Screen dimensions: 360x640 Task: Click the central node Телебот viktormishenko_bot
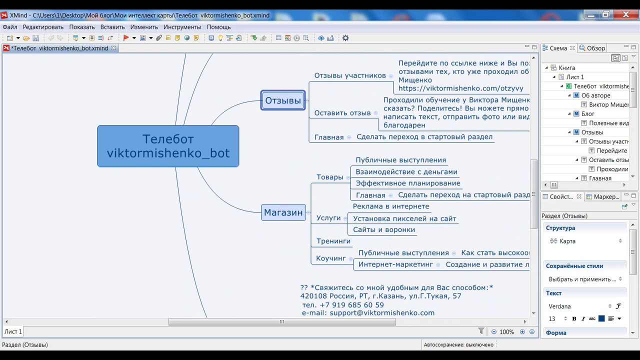coord(168,146)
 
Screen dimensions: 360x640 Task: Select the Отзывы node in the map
coord(283,100)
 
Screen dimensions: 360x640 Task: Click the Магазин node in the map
coord(283,212)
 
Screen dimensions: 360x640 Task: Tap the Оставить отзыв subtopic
coord(342,113)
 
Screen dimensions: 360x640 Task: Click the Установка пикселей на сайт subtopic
coord(404,218)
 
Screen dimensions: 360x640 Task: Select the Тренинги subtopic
coord(333,241)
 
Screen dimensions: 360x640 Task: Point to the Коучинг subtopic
coord(331,258)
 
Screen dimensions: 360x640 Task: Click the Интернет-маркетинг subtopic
coord(395,264)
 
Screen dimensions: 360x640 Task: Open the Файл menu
coord(9,27)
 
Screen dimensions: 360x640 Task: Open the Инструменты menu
coord(182,27)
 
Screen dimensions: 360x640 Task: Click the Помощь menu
coord(218,27)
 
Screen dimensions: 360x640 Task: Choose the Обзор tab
coord(595,48)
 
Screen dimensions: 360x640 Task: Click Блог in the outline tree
coord(588,114)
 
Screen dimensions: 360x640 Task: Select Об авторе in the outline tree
coord(595,95)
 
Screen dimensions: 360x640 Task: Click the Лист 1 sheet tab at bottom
coord(13,331)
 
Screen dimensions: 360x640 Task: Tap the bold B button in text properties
coord(574,319)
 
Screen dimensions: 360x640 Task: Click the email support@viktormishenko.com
coord(382,313)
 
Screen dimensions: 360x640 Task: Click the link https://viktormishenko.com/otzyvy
coord(460,88)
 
